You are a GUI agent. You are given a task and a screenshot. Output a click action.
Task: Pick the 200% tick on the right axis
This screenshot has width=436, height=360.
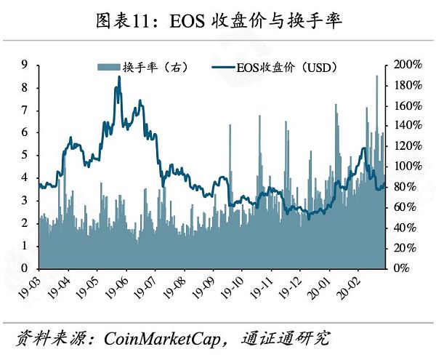tap(407, 64)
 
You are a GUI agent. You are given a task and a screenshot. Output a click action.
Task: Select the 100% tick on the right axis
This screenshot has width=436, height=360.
tap(407, 166)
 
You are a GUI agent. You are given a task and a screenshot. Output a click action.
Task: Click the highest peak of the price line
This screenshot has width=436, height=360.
tap(119, 77)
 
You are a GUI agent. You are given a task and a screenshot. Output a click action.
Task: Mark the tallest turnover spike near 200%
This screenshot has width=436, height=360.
tap(376, 76)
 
